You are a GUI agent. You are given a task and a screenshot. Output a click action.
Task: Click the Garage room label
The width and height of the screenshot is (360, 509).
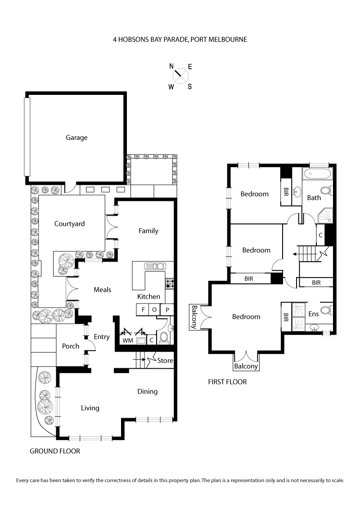coord(76,138)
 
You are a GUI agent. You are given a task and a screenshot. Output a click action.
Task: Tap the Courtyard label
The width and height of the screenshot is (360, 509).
coord(69,223)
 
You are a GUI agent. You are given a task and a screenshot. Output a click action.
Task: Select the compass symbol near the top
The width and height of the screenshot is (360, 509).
coord(180,73)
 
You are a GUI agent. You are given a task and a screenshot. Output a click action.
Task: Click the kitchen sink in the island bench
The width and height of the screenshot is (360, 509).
coord(155,267)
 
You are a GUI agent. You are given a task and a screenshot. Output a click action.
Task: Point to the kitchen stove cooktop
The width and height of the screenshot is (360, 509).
coord(170,284)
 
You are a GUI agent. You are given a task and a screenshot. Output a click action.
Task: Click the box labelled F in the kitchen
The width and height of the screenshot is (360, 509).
coord(143,310)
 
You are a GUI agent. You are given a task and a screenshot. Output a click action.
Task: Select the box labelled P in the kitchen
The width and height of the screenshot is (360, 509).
coord(167,310)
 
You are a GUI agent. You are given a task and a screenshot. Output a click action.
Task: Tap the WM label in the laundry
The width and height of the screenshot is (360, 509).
coord(128,341)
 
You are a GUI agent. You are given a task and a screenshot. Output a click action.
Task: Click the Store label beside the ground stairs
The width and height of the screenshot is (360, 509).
coord(165,361)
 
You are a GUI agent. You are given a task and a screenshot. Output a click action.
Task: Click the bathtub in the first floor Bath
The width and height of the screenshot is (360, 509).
coord(317,174)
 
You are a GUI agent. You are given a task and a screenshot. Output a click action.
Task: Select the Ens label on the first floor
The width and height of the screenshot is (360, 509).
coord(314,314)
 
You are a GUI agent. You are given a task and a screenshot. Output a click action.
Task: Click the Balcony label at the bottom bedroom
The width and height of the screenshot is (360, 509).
coord(246,366)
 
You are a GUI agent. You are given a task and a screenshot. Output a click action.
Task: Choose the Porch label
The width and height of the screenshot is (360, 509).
coord(71,346)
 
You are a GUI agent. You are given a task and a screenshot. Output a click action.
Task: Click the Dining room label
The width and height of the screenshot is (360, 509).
coord(148,391)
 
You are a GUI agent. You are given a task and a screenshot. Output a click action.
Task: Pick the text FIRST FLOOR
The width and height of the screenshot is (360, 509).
coord(227,382)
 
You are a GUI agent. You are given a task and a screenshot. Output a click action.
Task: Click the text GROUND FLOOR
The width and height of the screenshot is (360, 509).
coord(54,451)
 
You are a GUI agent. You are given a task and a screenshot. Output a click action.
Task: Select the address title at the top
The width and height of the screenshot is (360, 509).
coord(180,40)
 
